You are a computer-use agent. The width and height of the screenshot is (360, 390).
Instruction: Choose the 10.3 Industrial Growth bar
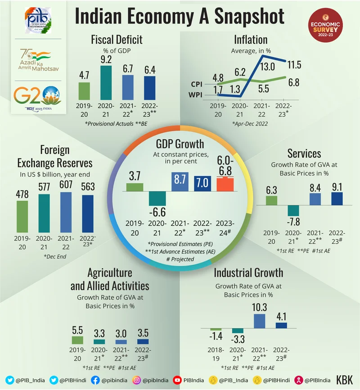[259, 321]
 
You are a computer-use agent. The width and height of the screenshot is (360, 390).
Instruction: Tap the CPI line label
[196, 84]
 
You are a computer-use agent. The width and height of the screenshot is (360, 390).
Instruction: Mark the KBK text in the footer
[345, 380]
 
